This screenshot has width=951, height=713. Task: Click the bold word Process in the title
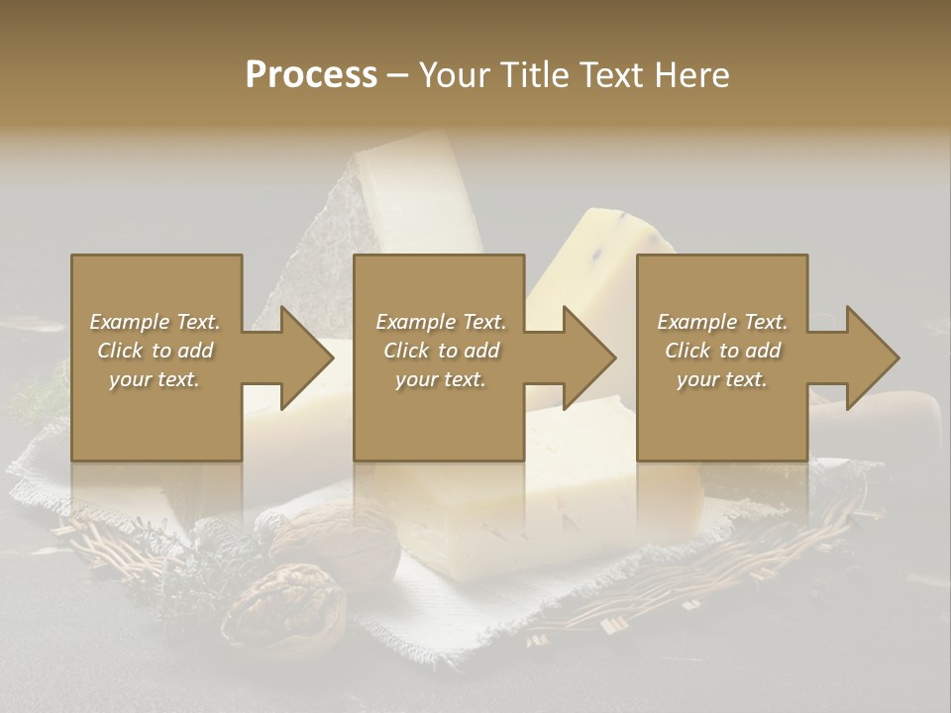coord(311,74)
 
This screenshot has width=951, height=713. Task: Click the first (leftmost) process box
coord(157,416)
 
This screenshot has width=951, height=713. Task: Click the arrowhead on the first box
coord(302,357)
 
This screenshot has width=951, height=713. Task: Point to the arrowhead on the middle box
coord(584,357)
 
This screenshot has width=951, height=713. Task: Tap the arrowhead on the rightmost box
coord(868,357)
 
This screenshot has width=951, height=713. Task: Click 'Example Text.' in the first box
coord(156,322)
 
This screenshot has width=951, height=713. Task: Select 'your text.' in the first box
coord(156,379)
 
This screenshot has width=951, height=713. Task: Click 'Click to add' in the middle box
coord(441,351)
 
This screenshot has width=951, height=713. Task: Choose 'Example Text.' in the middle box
coord(441,322)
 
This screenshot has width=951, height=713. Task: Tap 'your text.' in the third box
coord(722,379)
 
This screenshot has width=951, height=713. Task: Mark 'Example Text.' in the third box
coord(722,322)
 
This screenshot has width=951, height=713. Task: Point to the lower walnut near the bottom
coord(284,603)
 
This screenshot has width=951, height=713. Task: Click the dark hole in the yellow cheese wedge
coord(598,255)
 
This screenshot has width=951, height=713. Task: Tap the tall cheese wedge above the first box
coord(411,193)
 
